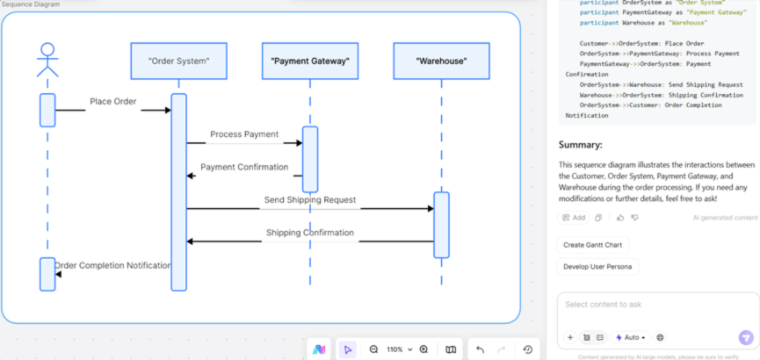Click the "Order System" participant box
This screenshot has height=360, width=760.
click(178, 61)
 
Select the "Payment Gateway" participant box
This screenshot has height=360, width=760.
click(309, 61)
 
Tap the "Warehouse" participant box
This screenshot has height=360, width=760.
click(441, 61)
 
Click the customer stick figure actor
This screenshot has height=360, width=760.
click(47, 60)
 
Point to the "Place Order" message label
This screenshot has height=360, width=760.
click(112, 102)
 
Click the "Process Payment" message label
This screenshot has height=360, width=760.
click(243, 135)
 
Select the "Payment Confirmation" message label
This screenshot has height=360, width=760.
click(243, 167)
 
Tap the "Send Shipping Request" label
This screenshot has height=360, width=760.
click(310, 200)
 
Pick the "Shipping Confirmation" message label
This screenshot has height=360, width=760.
click(310, 233)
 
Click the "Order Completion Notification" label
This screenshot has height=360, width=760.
click(112, 265)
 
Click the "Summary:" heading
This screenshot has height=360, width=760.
click(581, 145)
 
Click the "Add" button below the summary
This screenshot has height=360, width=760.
click(574, 218)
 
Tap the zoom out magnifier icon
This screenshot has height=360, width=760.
click(373, 349)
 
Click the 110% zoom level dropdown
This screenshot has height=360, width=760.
click(400, 349)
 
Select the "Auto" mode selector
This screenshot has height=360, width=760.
click(631, 337)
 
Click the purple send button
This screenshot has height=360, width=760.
click(746, 337)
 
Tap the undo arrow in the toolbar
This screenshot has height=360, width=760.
click(480, 349)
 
